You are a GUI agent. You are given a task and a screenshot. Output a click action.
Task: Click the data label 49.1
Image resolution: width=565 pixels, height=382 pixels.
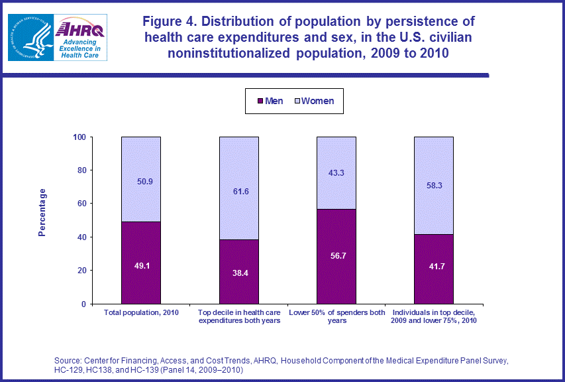tap(141, 265)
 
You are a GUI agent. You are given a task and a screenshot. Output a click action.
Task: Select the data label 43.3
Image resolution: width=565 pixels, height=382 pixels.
tap(336, 173)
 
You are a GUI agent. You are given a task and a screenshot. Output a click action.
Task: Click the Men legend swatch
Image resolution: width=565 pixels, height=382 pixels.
tap(260, 101)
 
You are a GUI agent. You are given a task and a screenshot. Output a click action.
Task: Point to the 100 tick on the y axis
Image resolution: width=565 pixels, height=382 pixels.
tap(79, 137)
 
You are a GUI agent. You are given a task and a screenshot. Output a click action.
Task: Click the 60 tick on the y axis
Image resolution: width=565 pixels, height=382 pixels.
tap(82, 204)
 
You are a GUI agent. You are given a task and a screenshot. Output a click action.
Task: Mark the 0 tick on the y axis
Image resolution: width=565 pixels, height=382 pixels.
tap(84, 304)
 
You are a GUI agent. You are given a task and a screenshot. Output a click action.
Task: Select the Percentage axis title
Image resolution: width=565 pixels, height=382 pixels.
tap(42, 212)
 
